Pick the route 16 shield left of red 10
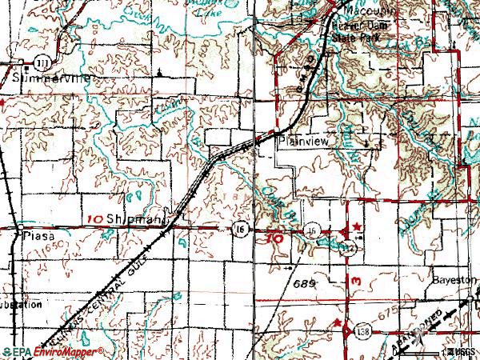coord(239,230)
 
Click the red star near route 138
coord(339,324)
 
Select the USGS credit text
coord(462,352)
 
